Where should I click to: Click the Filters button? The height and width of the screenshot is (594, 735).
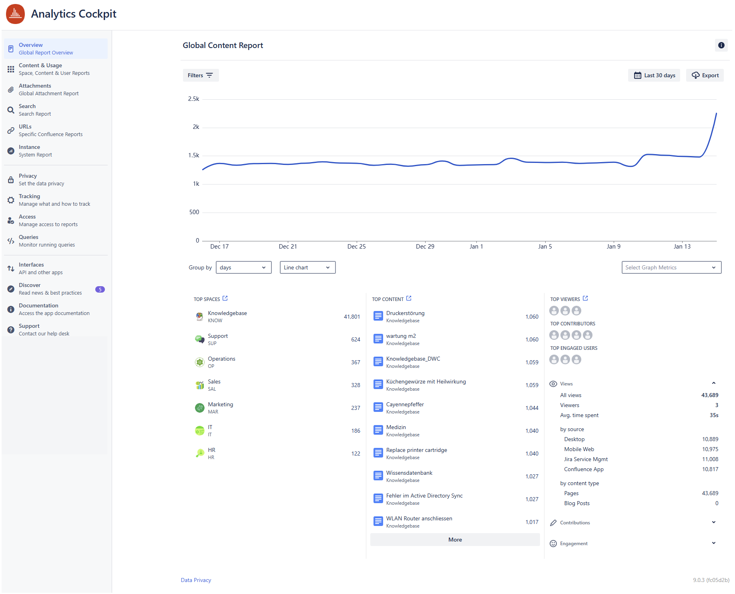pyautogui.click(x=201, y=75)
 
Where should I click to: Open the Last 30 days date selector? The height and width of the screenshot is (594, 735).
pyautogui.click(x=654, y=75)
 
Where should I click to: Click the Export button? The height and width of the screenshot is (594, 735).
pyautogui.click(x=705, y=75)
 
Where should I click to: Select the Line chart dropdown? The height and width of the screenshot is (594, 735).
pyautogui.click(x=307, y=267)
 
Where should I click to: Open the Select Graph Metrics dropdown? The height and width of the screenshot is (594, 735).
pyautogui.click(x=671, y=267)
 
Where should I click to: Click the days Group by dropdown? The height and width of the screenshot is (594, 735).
pyautogui.click(x=243, y=267)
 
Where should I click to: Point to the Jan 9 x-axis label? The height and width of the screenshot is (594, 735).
pyautogui.click(x=613, y=247)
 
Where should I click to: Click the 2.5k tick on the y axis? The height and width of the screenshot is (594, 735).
pyautogui.click(x=193, y=99)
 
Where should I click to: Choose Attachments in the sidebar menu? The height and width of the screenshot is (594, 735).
pyautogui.click(x=35, y=89)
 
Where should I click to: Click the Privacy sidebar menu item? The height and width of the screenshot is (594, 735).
pyautogui.click(x=28, y=179)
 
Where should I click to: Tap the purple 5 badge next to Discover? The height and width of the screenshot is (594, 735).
pyautogui.click(x=100, y=289)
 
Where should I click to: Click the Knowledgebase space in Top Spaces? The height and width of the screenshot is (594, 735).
pyautogui.click(x=227, y=313)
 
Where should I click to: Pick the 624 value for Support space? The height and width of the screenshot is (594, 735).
pyautogui.click(x=355, y=339)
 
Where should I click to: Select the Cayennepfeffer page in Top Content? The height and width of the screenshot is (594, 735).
pyautogui.click(x=405, y=405)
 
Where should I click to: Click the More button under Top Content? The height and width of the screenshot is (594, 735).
pyautogui.click(x=455, y=540)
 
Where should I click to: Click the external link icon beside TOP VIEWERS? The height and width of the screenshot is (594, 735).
pyautogui.click(x=585, y=299)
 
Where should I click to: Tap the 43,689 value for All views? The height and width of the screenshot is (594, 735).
pyautogui.click(x=709, y=395)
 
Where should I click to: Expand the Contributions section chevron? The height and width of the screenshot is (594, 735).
pyautogui.click(x=713, y=522)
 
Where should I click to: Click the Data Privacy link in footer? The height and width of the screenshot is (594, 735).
pyautogui.click(x=196, y=580)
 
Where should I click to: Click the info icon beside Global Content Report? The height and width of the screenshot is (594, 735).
pyautogui.click(x=721, y=45)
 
